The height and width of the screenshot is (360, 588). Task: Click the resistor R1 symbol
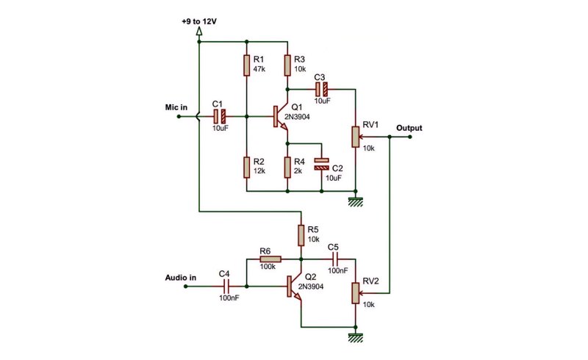pos(246,65)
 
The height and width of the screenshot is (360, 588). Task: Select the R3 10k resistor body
pos(287,65)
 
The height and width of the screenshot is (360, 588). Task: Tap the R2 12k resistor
pos(246,168)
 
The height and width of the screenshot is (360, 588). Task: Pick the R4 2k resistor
pos(287,168)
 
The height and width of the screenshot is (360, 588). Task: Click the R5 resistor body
pos(301,236)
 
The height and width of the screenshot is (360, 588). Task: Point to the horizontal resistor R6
pos(270,259)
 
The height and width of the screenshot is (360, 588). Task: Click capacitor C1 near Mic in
pos(220,116)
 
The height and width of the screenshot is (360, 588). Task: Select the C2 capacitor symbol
pos(321,164)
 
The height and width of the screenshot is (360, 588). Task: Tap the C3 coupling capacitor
pos(321,89)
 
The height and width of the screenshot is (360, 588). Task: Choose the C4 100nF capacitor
pos(226,287)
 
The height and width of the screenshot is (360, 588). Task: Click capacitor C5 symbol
pos(335,259)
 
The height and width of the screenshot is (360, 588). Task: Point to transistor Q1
pos(281,117)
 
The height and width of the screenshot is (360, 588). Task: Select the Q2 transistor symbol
pos(295,287)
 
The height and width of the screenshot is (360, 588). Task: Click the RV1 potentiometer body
pos(356,137)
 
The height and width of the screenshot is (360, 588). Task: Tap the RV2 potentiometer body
pos(356,293)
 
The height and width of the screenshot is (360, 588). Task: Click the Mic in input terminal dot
pos(179,116)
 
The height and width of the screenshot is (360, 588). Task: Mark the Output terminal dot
pos(410,137)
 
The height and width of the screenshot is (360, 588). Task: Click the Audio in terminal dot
pos(186,287)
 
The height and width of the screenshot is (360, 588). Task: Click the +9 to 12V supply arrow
pos(199,32)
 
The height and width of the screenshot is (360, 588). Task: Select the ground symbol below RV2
pos(356,337)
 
